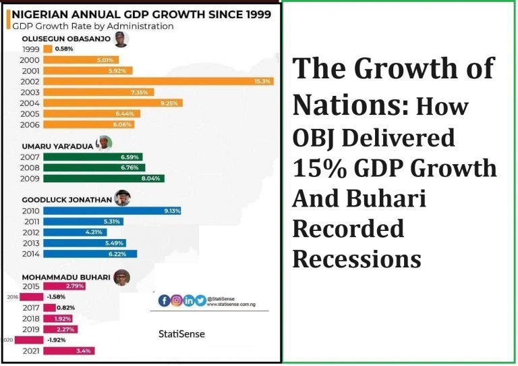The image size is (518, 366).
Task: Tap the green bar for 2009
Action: pyautogui.click(x=104, y=178)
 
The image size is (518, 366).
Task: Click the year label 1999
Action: pyautogui.click(x=30, y=49)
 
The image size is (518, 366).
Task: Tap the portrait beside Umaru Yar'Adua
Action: pyautogui.click(x=105, y=144)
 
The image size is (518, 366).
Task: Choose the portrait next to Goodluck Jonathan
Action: pyautogui.click(x=121, y=198)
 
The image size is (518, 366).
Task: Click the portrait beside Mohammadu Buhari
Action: pyautogui.click(x=121, y=277)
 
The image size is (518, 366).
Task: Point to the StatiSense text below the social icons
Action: pyautogui.click(x=181, y=334)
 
